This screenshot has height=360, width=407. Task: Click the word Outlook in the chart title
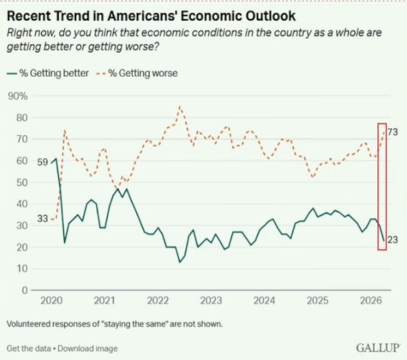tap(267, 16)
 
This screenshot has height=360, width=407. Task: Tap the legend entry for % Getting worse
tap(143, 73)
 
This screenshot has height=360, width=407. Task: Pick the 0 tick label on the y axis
tap(25, 290)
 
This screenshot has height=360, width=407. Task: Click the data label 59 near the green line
tap(42, 162)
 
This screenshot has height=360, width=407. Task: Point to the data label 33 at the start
tap(43, 219)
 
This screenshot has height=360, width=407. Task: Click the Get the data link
tap(28, 348)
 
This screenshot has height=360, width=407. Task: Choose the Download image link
tap(88, 348)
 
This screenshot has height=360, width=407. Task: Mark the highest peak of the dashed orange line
tap(179, 107)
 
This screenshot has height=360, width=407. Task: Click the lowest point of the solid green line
tap(179, 262)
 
